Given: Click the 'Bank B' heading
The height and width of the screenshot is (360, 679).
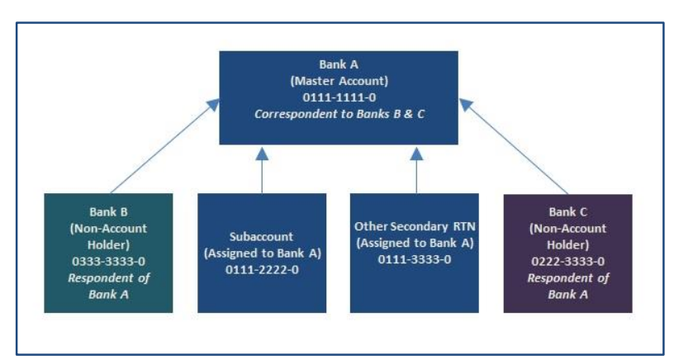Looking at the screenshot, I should [108, 211].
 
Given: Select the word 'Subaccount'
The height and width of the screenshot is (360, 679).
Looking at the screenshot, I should [262, 237].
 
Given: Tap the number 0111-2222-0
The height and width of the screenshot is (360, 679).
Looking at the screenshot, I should [262, 270].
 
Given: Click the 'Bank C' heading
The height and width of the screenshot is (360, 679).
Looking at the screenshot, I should [567, 211].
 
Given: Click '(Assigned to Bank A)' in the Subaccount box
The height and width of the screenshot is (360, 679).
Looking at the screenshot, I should [262, 253].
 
